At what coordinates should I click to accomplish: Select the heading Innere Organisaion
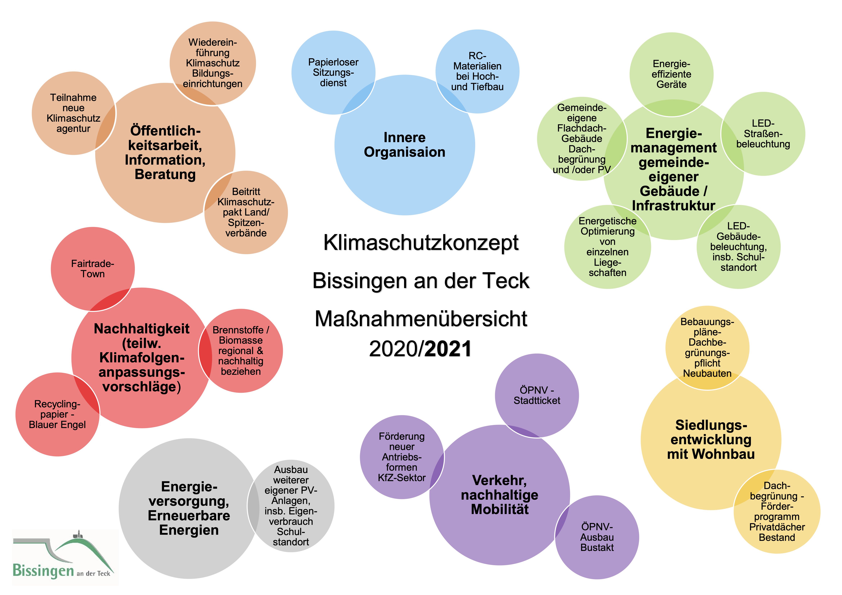[x=405, y=145]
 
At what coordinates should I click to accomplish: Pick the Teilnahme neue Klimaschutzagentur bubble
[x=73, y=113]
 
